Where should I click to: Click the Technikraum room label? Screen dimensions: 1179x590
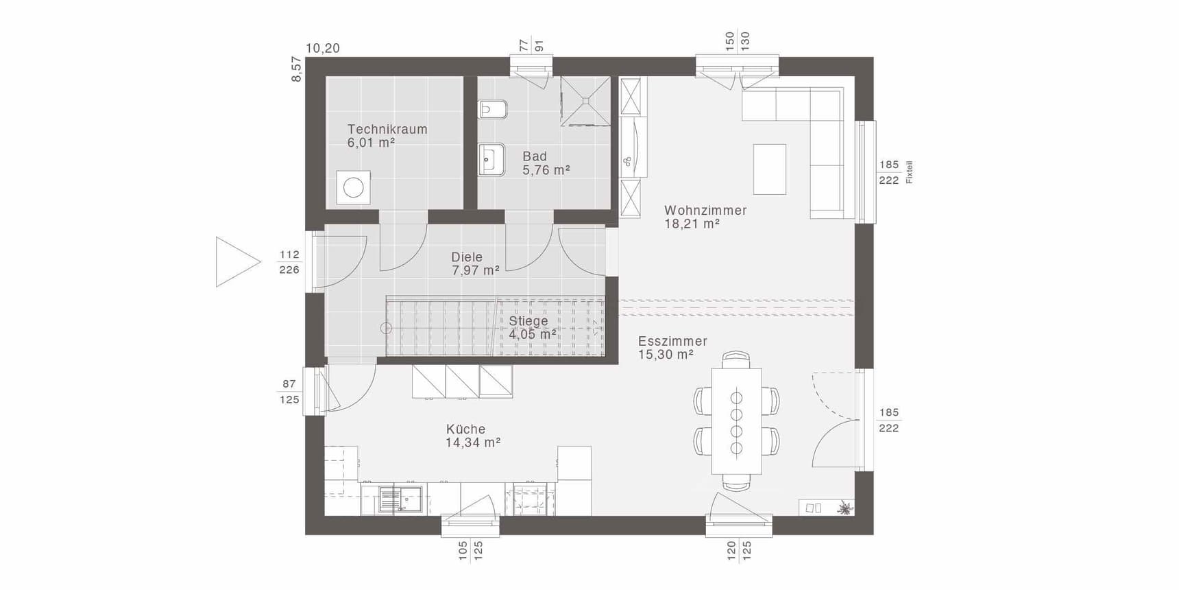(x=387, y=129)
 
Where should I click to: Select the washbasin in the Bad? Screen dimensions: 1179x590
(x=491, y=159)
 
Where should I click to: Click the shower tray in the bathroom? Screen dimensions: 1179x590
(x=585, y=101)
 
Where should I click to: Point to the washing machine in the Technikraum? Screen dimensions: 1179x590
(x=354, y=187)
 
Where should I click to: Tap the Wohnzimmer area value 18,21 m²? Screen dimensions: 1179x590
(x=692, y=224)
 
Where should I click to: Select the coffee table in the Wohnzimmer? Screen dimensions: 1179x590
(x=770, y=169)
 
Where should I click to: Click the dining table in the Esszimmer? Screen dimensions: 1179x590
(x=737, y=421)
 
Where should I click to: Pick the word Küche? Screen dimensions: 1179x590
(x=466, y=429)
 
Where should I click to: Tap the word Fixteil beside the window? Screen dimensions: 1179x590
(x=910, y=172)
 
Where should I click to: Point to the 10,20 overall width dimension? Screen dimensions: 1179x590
(x=323, y=48)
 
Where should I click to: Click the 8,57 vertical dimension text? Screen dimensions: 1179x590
(x=296, y=69)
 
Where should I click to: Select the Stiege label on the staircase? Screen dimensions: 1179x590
(x=528, y=321)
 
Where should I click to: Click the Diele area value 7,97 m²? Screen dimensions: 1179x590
(x=476, y=270)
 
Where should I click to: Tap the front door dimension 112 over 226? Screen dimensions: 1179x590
(x=289, y=262)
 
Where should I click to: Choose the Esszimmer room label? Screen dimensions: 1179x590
(x=672, y=341)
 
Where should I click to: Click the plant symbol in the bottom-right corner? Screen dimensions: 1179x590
(x=845, y=508)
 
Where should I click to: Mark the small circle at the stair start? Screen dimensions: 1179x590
(x=386, y=329)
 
